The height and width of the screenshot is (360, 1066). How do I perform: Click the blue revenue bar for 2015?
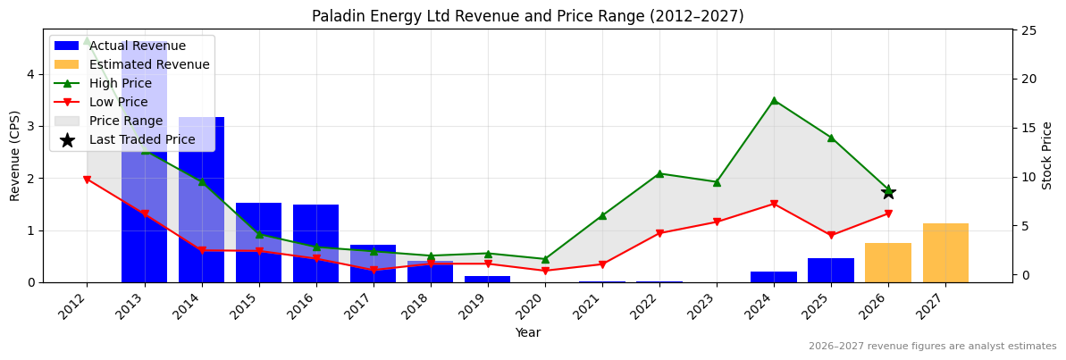[x=258, y=242]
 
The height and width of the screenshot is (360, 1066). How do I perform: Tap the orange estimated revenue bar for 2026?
[x=888, y=263]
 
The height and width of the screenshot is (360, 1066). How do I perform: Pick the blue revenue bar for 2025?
[x=831, y=270]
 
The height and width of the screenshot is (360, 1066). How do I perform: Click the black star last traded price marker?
[x=888, y=192]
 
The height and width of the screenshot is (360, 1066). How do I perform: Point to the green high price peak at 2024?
[x=774, y=100]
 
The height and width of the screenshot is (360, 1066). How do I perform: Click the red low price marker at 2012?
[x=87, y=180]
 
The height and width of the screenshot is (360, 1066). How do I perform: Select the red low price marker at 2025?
[x=831, y=236]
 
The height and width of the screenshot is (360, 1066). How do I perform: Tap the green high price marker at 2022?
[x=659, y=173]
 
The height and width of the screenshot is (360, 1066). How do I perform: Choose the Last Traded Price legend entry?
[x=142, y=139]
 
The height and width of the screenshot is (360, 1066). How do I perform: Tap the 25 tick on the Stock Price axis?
[x=1028, y=30]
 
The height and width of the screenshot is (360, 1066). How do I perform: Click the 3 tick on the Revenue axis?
[x=31, y=126]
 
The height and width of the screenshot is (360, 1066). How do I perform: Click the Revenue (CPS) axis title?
[x=15, y=155]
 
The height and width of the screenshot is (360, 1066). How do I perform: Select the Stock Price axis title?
[x=1047, y=155]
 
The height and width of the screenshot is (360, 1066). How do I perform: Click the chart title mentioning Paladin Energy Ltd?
[x=527, y=16]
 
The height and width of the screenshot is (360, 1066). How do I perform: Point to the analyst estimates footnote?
[x=932, y=347]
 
